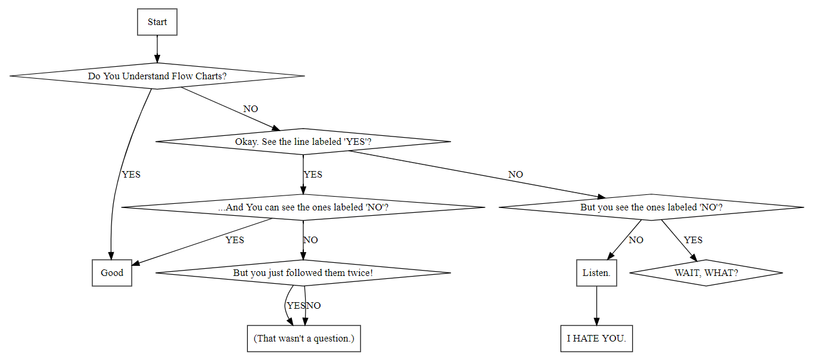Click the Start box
pyautogui.click(x=157, y=22)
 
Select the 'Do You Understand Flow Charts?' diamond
pyautogui.click(x=157, y=76)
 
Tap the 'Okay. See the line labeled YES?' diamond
pyautogui.click(x=303, y=142)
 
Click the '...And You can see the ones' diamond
pyautogui.click(x=303, y=207)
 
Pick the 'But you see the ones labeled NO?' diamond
pyautogui.click(x=651, y=207)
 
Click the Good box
pyautogui.click(x=112, y=273)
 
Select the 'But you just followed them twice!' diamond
pyautogui.click(x=303, y=273)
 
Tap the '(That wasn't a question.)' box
pyautogui.click(x=304, y=339)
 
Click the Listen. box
pyautogui.click(x=596, y=273)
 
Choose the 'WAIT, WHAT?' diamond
pyautogui.click(x=706, y=273)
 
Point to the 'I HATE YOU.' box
pyautogui.click(x=596, y=339)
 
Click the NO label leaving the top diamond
pyautogui.click(x=251, y=109)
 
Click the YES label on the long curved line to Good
pyautogui.click(x=131, y=175)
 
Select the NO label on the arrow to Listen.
pyautogui.click(x=636, y=240)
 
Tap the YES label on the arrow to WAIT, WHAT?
pyautogui.click(x=693, y=240)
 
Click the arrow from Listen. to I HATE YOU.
pyautogui.click(x=596, y=306)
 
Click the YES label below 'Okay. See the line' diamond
pyautogui.click(x=313, y=175)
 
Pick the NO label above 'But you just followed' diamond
pyautogui.click(x=310, y=240)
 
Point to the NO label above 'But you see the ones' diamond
pyautogui.click(x=515, y=175)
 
